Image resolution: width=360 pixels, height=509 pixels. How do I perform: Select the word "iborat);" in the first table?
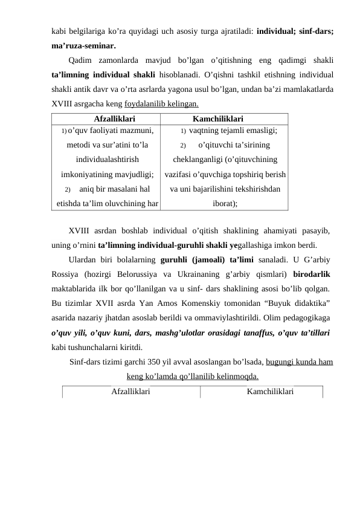coord(225,204)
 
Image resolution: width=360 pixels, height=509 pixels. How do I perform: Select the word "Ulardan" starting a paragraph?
coord(83,259)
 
